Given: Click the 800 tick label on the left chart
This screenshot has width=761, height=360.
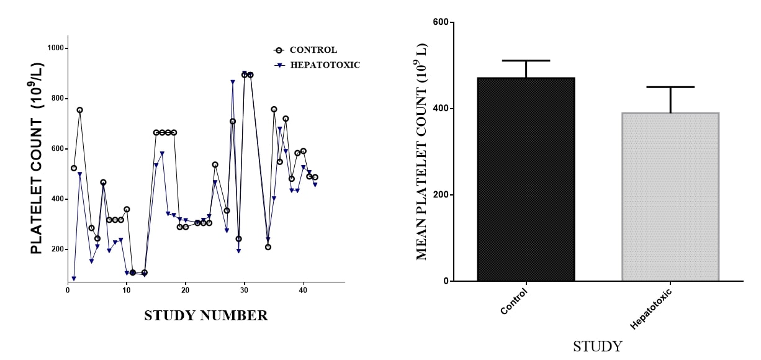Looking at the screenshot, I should point(58,99).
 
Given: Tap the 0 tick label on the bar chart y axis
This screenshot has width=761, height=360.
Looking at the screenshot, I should point(446,281).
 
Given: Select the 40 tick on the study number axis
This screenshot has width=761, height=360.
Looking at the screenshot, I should point(303,289).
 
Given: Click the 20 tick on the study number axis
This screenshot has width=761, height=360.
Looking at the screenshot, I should point(186,289).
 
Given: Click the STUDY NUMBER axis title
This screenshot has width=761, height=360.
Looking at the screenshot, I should point(206,316).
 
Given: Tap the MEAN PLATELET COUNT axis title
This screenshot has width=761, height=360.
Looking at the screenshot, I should point(422,151).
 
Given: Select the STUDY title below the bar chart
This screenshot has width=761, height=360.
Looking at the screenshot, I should point(597,346).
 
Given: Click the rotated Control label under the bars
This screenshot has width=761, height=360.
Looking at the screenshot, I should point(514,301).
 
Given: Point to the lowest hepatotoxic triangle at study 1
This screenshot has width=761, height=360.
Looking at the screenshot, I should point(74,279).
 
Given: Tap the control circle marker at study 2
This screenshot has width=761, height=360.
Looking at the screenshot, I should point(79,110).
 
